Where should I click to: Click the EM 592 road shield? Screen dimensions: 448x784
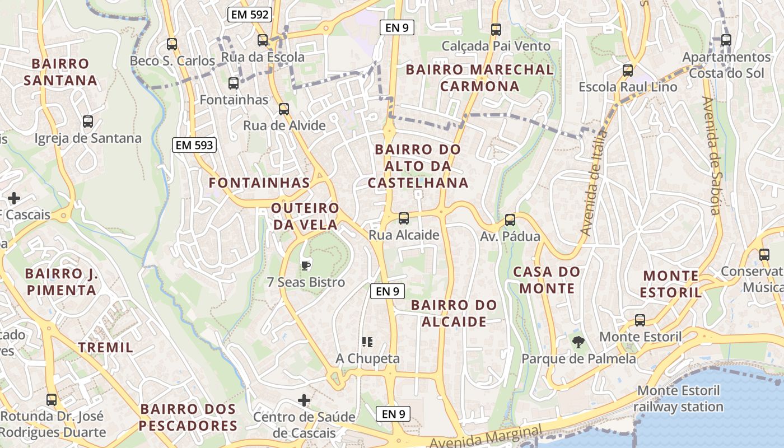tap(249, 15)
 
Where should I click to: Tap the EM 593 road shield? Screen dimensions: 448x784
tap(194, 146)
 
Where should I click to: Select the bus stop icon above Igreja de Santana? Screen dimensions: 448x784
tap(88, 122)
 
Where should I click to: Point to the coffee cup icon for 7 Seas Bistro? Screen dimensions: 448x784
tap(305, 265)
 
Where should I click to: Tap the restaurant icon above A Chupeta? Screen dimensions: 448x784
tap(367, 342)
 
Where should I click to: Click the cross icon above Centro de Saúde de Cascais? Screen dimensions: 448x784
tap(304, 400)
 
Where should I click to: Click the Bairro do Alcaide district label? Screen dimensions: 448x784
tap(454, 314)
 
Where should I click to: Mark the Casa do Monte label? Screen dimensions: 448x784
tap(547, 281)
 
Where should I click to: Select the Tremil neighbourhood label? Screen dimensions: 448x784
tap(106, 347)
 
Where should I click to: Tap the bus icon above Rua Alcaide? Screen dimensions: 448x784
tap(403, 218)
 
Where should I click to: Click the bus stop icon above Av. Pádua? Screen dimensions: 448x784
tap(510, 220)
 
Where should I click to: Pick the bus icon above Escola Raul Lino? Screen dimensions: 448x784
tap(628, 71)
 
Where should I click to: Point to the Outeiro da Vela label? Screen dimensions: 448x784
tap(305, 216)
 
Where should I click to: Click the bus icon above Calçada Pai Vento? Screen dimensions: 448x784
tap(496, 30)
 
